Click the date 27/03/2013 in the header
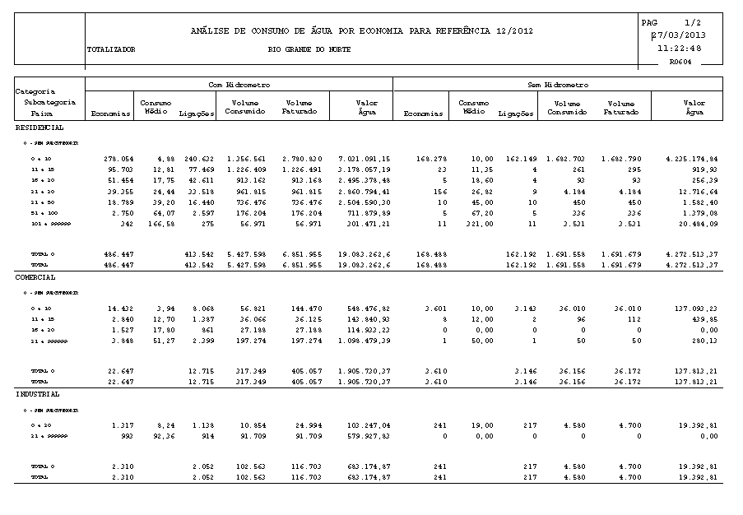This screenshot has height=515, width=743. point(679,35)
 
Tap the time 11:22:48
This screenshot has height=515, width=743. point(680,49)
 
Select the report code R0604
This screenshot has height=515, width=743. point(680,62)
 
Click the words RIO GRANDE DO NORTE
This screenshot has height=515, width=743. point(309,50)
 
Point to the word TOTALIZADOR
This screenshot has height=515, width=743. point(111,50)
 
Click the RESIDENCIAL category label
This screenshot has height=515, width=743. point(39,128)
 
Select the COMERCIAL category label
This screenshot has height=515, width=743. point(35,277)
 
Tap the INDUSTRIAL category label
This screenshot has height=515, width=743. point(37,394)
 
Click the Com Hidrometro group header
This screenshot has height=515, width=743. point(239,85)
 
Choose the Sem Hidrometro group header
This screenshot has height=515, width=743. point(557,85)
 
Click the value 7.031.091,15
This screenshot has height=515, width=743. point(365,157)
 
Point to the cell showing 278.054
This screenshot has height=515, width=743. point(118,157)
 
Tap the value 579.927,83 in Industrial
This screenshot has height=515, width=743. point(368,436)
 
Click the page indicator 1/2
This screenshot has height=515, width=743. point(691,22)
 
